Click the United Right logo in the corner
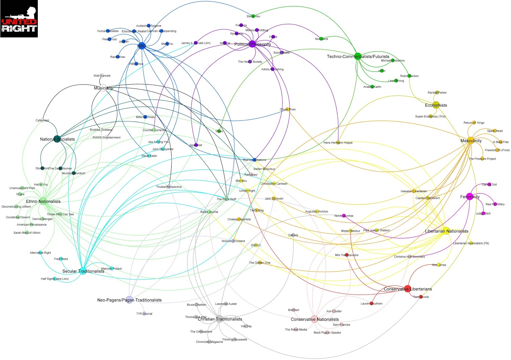[19, 19]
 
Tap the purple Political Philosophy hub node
[253, 44]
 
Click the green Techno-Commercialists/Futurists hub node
[358, 56]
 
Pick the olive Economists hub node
[436, 105]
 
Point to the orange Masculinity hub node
[471, 140]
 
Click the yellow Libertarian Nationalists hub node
[446, 231]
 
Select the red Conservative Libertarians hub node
[408, 289]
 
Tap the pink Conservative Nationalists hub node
[315, 319]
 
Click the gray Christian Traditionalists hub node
[220, 319]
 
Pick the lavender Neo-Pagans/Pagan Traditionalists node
[129, 300]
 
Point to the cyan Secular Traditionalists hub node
[83, 271]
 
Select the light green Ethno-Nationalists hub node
[43, 201]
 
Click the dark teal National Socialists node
[57, 139]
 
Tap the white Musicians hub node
[103, 88]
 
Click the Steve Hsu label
[253, 16]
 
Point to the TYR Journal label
[144, 314]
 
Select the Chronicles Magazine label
[210, 342]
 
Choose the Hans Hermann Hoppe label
[338, 143]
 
